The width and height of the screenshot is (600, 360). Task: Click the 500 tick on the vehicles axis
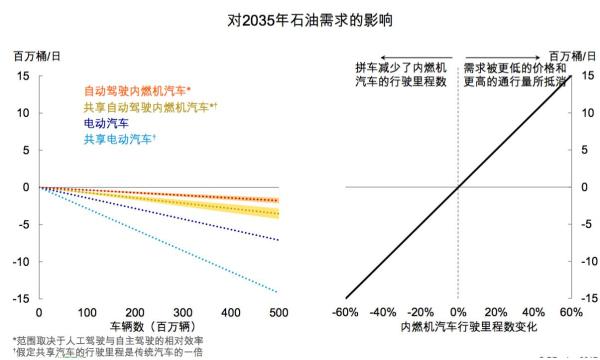[279, 312]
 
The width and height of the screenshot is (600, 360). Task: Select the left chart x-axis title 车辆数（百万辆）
[159, 326]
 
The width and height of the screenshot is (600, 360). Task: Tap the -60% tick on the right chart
[346, 312]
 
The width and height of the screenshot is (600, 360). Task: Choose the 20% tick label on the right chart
[495, 312]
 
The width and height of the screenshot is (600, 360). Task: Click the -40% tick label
[383, 312]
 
